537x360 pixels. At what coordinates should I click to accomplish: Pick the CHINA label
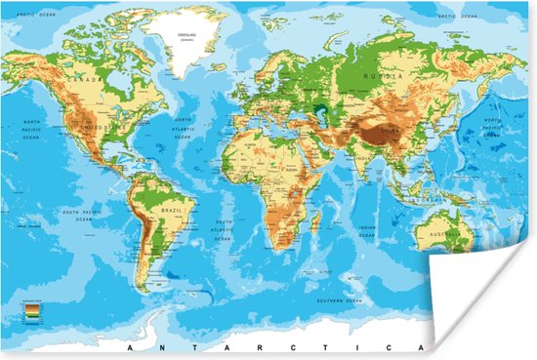pyautogui.click(x=390, y=127)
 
